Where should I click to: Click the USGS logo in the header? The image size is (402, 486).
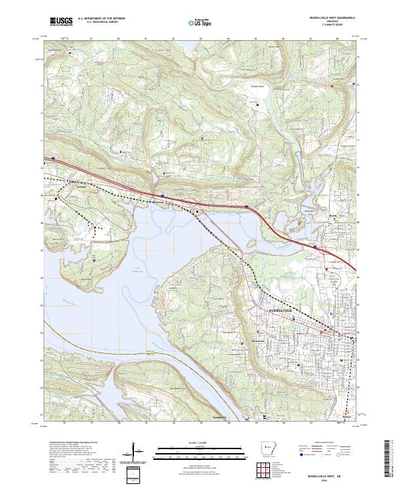pos(61,21)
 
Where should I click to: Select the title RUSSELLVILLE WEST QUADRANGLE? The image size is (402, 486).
pos(332,17)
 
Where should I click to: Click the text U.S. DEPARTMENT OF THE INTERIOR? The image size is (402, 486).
pos(101,19)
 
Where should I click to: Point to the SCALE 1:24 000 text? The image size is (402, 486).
pos(191,443)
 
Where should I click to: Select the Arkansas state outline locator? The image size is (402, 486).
pos(264,448)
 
